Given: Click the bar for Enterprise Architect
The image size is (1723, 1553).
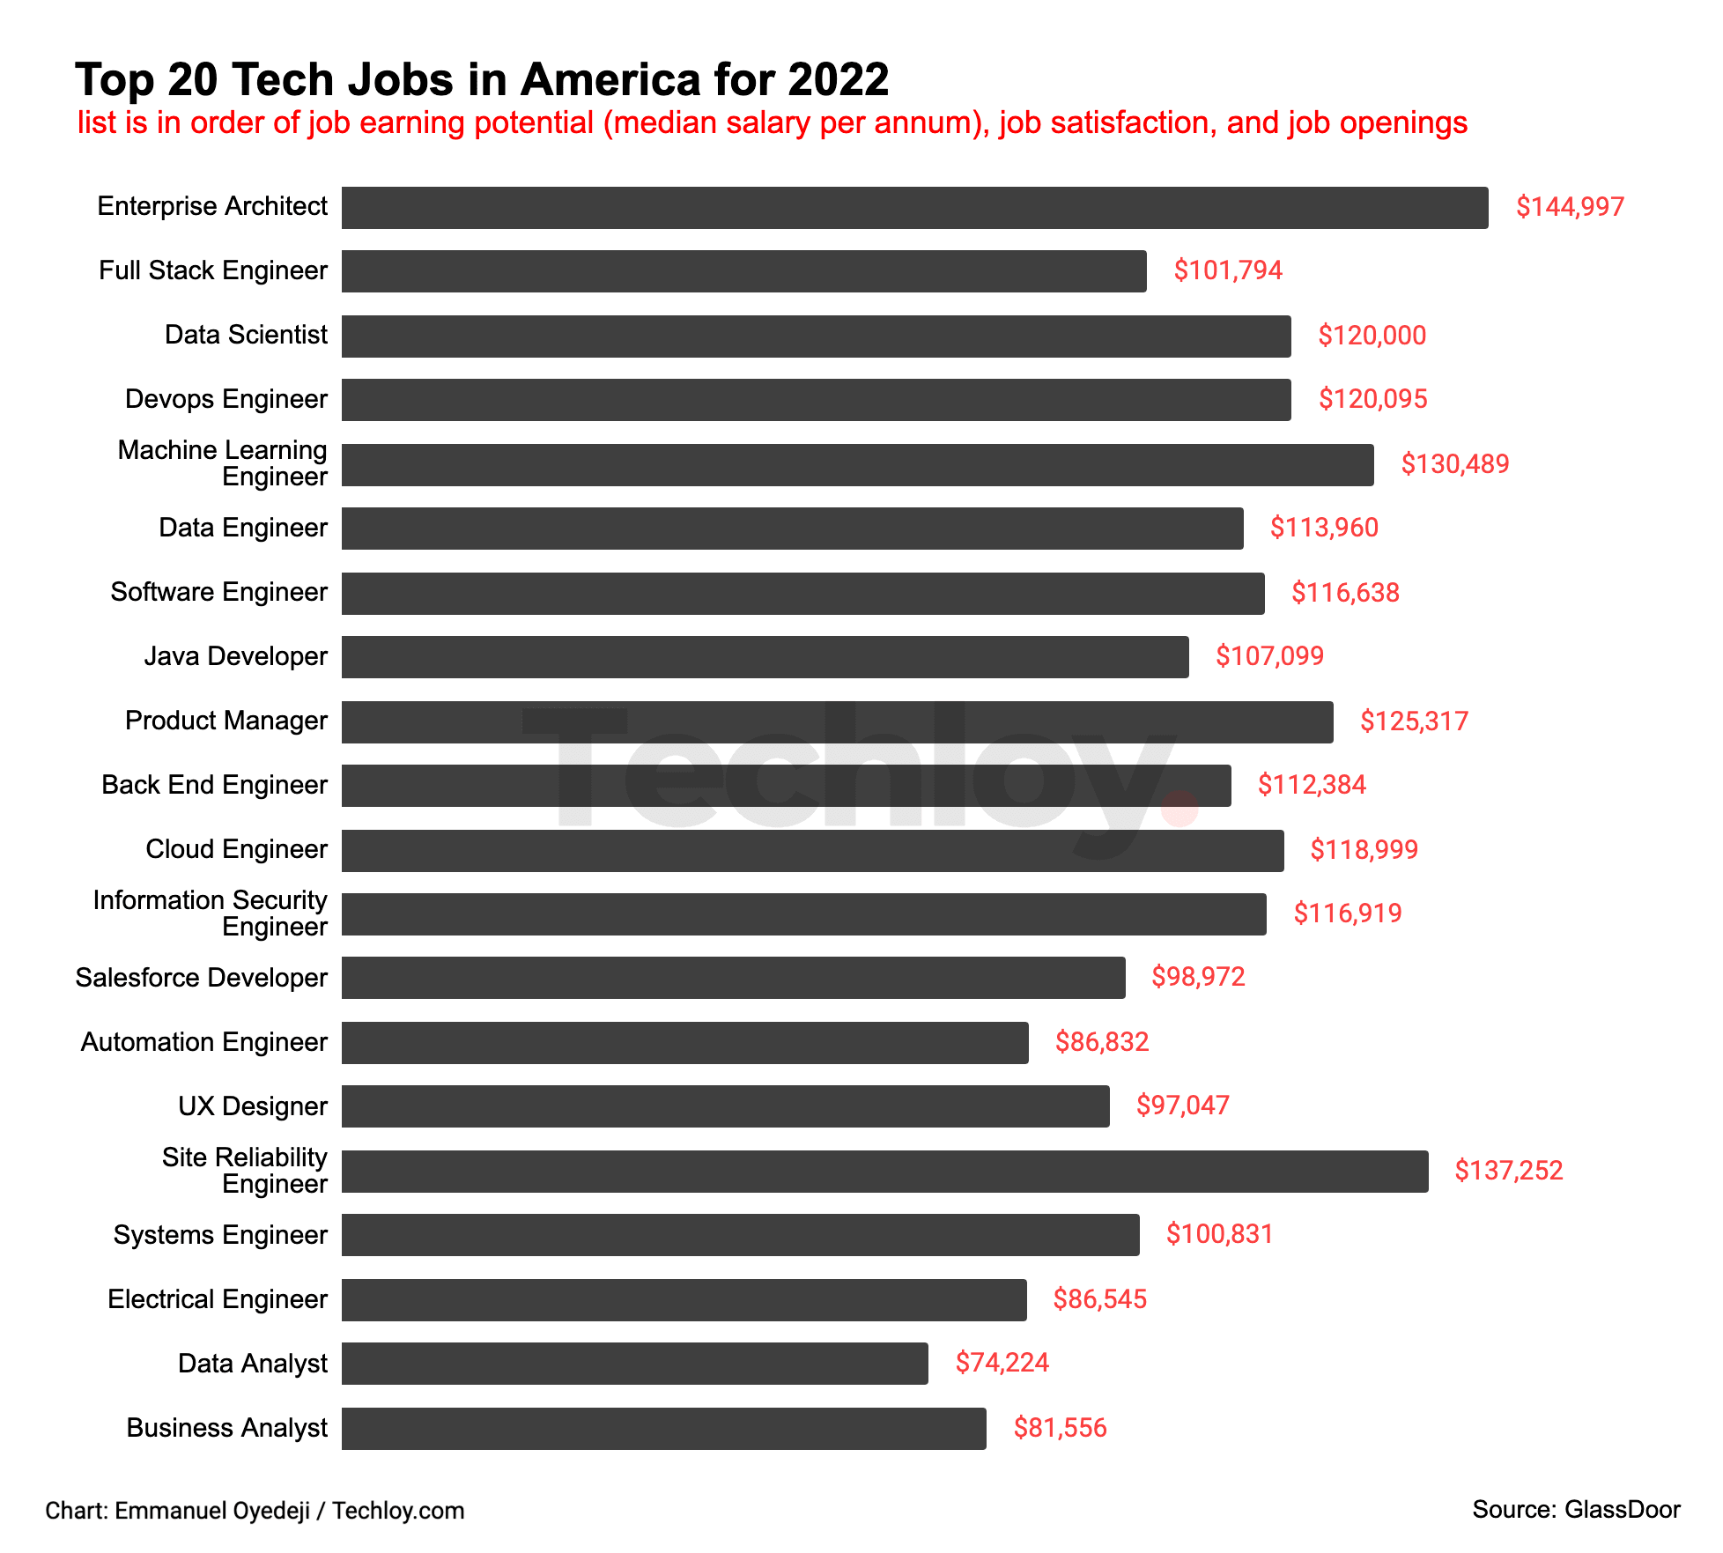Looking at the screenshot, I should coord(914,208).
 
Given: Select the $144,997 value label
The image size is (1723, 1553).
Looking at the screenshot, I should coord(1570,207).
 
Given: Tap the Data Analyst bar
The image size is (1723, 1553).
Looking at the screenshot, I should coord(634,1364).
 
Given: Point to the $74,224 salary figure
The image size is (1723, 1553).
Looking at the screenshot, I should coord(1002,1363).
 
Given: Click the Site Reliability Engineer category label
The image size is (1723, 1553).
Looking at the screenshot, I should coord(245,1171).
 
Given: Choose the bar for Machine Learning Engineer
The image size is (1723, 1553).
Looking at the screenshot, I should coord(857,465).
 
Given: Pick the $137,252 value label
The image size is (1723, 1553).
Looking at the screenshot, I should coord(1508,1171).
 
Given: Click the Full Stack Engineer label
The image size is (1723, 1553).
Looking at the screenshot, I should coord(213,270).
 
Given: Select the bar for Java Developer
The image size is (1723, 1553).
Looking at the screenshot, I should coord(765,657).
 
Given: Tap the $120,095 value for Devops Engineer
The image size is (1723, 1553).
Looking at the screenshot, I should coord(1372,399).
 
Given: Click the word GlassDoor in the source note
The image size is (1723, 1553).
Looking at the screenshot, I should coord(1622,1510).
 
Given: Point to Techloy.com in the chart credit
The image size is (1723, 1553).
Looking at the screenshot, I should coord(398,1511).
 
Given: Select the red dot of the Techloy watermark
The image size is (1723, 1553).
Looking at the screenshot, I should coord(1179,808).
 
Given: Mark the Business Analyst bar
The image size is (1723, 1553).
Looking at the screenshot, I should coord(663,1429).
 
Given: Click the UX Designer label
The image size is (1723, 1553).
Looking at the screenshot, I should coord(253,1106).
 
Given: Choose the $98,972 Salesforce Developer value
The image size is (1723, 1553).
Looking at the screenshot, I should coord(1198,977).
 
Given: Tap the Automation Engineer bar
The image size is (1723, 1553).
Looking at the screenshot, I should coord(684,1043).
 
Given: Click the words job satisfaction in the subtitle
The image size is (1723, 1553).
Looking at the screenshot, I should coord(1104,123).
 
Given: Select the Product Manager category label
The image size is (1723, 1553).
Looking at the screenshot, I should coord(226,721).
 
